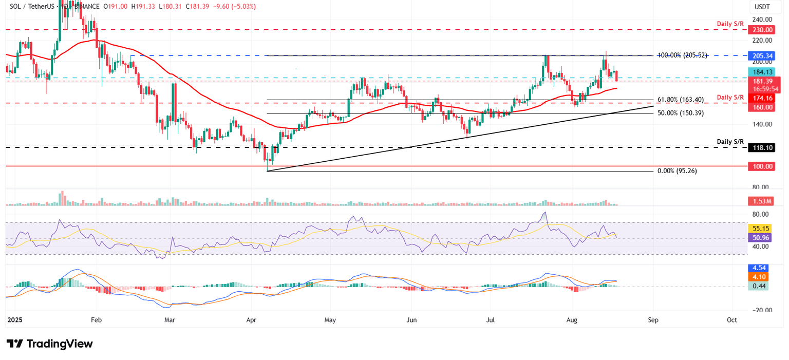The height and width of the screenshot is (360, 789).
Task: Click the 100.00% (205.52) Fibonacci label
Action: tap(683, 55)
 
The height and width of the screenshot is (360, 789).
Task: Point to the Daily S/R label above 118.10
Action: tap(730, 141)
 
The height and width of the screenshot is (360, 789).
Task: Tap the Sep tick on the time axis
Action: tap(653, 320)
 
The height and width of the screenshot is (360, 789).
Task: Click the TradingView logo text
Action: tap(60, 344)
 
